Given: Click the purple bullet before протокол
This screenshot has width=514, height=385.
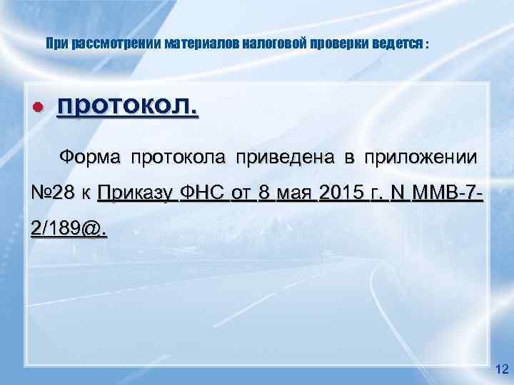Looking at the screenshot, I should click(39, 107).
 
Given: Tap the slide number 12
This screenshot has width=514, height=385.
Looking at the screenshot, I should click(500, 368).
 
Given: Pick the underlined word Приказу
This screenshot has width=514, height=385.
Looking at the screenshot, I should click(136, 192).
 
